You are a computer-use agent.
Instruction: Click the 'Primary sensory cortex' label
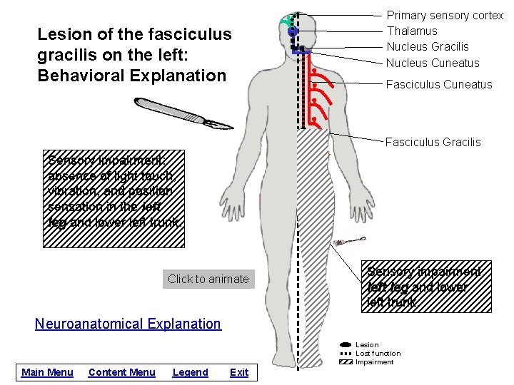(x=445, y=16)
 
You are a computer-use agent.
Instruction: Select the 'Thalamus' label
(x=412, y=31)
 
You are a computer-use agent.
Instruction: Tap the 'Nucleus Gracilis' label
(x=428, y=46)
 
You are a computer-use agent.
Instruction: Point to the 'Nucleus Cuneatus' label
(x=433, y=63)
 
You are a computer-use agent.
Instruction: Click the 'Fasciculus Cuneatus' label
(x=439, y=84)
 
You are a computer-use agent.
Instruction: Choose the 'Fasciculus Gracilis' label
(x=433, y=142)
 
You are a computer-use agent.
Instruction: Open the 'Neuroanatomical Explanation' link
(x=128, y=324)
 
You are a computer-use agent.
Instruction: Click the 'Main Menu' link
(x=47, y=372)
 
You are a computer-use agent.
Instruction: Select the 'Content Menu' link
(x=121, y=372)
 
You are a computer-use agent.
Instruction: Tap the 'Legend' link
(x=191, y=372)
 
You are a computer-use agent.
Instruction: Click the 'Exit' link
(x=239, y=372)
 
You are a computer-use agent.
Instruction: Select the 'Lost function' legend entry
(x=378, y=354)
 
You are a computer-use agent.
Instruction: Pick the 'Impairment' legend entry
(x=374, y=362)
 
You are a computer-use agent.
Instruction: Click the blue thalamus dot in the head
(x=292, y=32)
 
